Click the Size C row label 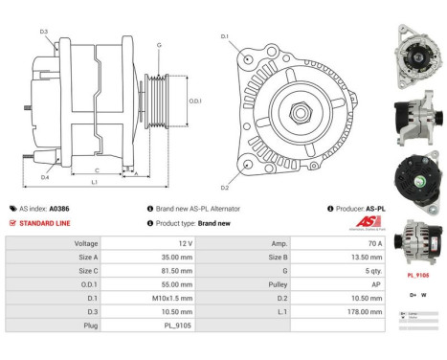click(87, 271)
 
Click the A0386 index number click(59, 208)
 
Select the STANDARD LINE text click(45, 222)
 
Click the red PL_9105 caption click(416, 272)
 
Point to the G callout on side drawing click(158, 45)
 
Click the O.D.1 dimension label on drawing click(194, 101)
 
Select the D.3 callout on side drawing click(44, 33)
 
